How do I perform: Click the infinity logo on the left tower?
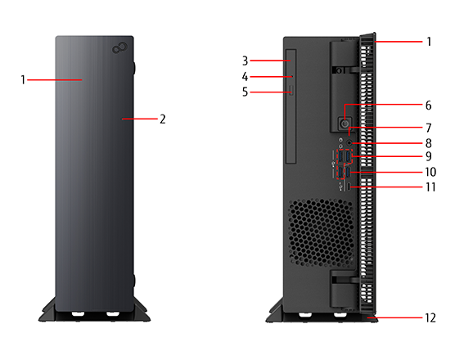pyautogui.click(x=119, y=48)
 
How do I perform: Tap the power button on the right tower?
pyautogui.click(x=345, y=124)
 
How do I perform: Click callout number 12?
pyautogui.click(x=430, y=318)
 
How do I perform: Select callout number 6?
pyautogui.click(x=429, y=106)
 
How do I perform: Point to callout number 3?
pyautogui.click(x=246, y=61)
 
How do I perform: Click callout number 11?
pyautogui.click(x=430, y=187)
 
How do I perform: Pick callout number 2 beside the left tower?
pyautogui.click(x=163, y=119)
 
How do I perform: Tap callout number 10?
pyautogui.click(x=430, y=172)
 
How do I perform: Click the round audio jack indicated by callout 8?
pyautogui.click(x=349, y=142)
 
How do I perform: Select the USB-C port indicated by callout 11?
pyautogui.click(x=349, y=187)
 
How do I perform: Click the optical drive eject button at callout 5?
pyautogui.click(x=291, y=90)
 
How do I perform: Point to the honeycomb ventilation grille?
pyautogui.click(x=322, y=232)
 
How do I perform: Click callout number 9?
pyautogui.click(x=429, y=156)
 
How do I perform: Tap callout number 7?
pyautogui.click(x=429, y=128)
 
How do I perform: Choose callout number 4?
pyautogui.click(x=246, y=77)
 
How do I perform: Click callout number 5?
pyautogui.click(x=246, y=92)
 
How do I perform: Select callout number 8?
pyautogui.click(x=429, y=143)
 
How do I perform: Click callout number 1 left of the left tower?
pyautogui.click(x=23, y=80)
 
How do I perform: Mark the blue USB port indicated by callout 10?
pyautogui.click(x=348, y=172)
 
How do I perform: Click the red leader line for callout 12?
pyautogui.click(x=394, y=318)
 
